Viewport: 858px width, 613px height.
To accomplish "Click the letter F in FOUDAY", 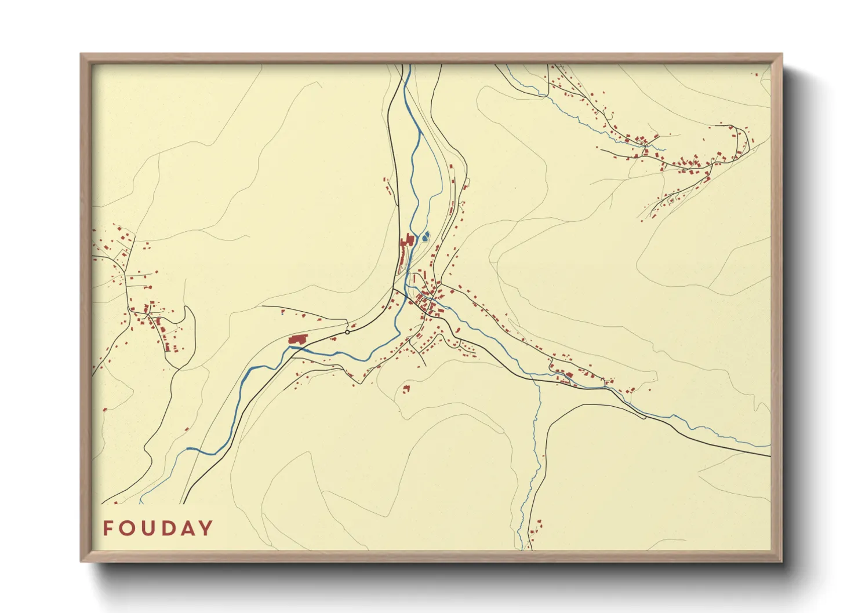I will coord(108,528).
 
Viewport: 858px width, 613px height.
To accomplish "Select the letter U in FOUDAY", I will coord(148,528).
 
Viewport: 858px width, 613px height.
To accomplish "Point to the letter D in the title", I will coord(168,528).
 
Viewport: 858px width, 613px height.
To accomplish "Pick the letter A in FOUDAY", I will coord(187,528).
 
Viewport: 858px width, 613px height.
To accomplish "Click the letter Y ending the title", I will coord(206,528).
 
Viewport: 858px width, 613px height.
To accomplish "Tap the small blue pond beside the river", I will coord(426,236).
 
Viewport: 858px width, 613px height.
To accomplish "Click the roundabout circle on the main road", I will coord(347,332).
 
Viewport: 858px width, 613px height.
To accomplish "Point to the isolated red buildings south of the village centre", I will coord(406,388).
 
